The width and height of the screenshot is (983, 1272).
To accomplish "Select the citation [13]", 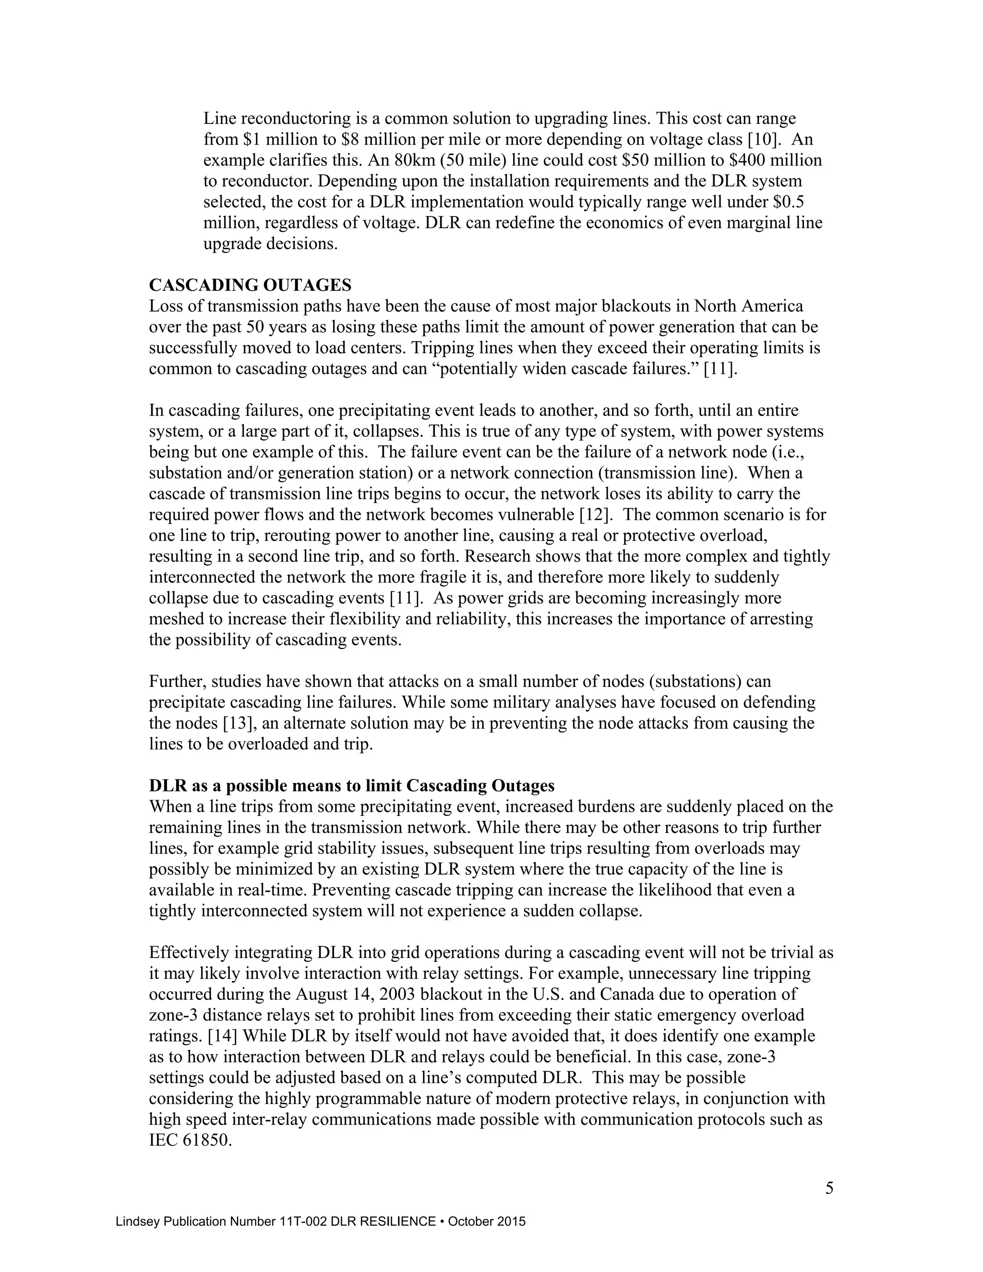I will pyautogui.click(x=236, y=723).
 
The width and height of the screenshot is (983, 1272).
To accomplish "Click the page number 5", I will pyautogui.click(x=828, y=1188).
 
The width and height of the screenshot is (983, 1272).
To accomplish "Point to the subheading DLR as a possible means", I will pyautogui.click(x=351, y=786).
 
